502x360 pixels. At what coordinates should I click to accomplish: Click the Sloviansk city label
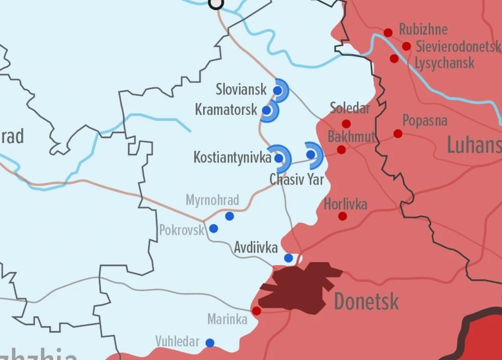[241, 90]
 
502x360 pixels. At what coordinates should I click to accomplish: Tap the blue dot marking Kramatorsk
[267, 110]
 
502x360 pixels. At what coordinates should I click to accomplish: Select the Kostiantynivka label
[232, 158]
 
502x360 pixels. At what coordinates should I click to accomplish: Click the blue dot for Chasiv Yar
[311, 155]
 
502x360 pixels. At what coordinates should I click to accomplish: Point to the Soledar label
[349, 108]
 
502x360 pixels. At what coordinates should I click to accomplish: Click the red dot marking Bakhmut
[341, 150]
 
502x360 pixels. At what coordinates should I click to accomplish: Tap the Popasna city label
[425, 121]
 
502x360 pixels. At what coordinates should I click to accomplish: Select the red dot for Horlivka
[342, 216]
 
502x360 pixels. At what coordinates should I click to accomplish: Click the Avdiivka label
[256, 248]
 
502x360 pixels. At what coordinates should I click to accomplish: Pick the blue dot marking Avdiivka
[289, 258]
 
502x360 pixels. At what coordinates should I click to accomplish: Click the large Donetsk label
[366, 302]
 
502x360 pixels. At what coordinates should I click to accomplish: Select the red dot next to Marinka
[257, 311]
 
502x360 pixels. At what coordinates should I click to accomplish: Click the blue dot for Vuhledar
[210, 343]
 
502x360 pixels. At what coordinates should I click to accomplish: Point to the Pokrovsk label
[182, 230]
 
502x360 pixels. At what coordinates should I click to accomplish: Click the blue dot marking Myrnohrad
[229, 216]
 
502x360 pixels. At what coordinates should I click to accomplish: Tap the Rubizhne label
[423, 30]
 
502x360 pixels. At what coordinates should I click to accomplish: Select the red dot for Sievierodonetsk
[407, 46]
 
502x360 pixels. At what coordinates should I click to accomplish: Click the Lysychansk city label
[444, 63]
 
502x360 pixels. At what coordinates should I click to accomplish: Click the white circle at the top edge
[216, 3]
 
